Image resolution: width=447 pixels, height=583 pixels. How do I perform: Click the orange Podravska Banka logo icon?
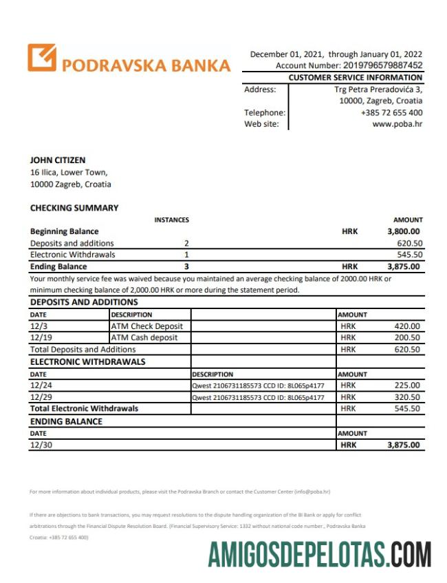pyautogui.click(x=42, y=58)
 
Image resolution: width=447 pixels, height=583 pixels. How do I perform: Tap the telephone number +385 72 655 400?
pyautogui.click(x=391, y=113)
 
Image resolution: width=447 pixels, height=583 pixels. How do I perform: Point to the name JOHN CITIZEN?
pyautogui.click(x=58, y=160)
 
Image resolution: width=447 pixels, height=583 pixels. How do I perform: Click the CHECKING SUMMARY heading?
pyautogui.click(x=74, y=208)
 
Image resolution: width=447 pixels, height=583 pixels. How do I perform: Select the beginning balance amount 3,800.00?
pyautogui.click(x=404, y=232)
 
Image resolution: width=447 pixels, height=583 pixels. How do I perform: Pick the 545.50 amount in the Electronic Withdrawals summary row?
pyautogui.click(x=410, y=255)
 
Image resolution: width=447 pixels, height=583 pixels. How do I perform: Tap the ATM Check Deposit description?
pyautogui.click(x=147, y=326)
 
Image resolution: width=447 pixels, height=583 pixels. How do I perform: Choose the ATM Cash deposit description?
pyautogui.click(x=144, y=338)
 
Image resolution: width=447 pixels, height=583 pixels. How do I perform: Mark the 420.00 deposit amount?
pyautogui.click(x=407, y=326)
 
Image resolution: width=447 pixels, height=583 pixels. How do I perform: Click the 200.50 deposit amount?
pyautogui.click(x=407, y=338)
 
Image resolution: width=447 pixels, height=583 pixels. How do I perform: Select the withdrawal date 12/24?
pyautogui.click(x=39, y=385)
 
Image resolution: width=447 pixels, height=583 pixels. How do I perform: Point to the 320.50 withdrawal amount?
pyautogui.click(x=407, y=397)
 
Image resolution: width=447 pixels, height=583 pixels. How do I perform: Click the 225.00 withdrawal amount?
pyautogui.click(x=407, y=385)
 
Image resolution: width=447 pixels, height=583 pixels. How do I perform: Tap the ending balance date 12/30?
pyautogui.click(x=39, y=445)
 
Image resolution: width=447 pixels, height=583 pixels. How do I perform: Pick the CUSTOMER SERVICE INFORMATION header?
pyautogui.click(x=356, y=78)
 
